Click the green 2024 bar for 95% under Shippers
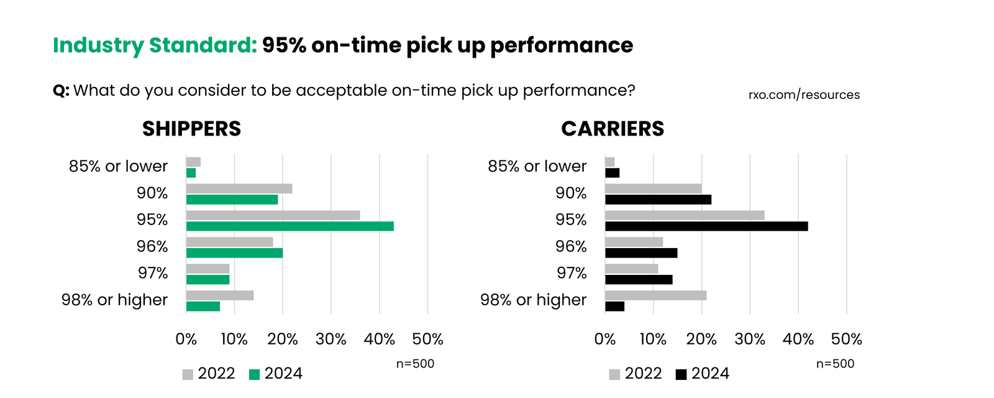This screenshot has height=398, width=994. tap(290, 226)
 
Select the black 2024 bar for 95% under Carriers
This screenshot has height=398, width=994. tap(706, 226)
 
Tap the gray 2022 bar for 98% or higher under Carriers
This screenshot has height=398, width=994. tap(655, 295)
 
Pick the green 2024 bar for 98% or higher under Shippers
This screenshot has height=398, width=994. tap(203, 306)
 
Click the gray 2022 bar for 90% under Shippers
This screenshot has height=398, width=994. tap(239, 188)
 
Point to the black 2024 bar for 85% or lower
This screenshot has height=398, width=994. tap(612, 173)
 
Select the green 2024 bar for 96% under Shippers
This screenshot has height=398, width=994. tap(234, 253)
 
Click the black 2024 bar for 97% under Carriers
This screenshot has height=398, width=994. tap(639, 280)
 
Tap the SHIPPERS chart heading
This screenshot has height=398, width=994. tap(191, 129)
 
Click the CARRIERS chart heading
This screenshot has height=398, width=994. tap(613, 129)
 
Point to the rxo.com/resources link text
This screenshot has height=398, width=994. tap(804, 95)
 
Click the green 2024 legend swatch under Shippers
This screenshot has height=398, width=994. tap(254, 374)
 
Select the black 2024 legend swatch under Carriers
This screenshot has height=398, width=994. tap(681, 374)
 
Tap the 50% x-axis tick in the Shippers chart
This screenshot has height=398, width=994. tap(427, 340)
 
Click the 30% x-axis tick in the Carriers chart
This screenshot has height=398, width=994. tap(750, 340)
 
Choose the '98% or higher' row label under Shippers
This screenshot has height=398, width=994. tap(114, 300)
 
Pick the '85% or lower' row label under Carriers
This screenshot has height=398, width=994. tap(537, 167)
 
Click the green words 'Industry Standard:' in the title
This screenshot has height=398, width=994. tap(155, 45)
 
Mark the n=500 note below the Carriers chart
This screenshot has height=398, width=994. tap(835, 364)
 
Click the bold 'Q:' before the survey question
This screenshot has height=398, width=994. tap(61, 91)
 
